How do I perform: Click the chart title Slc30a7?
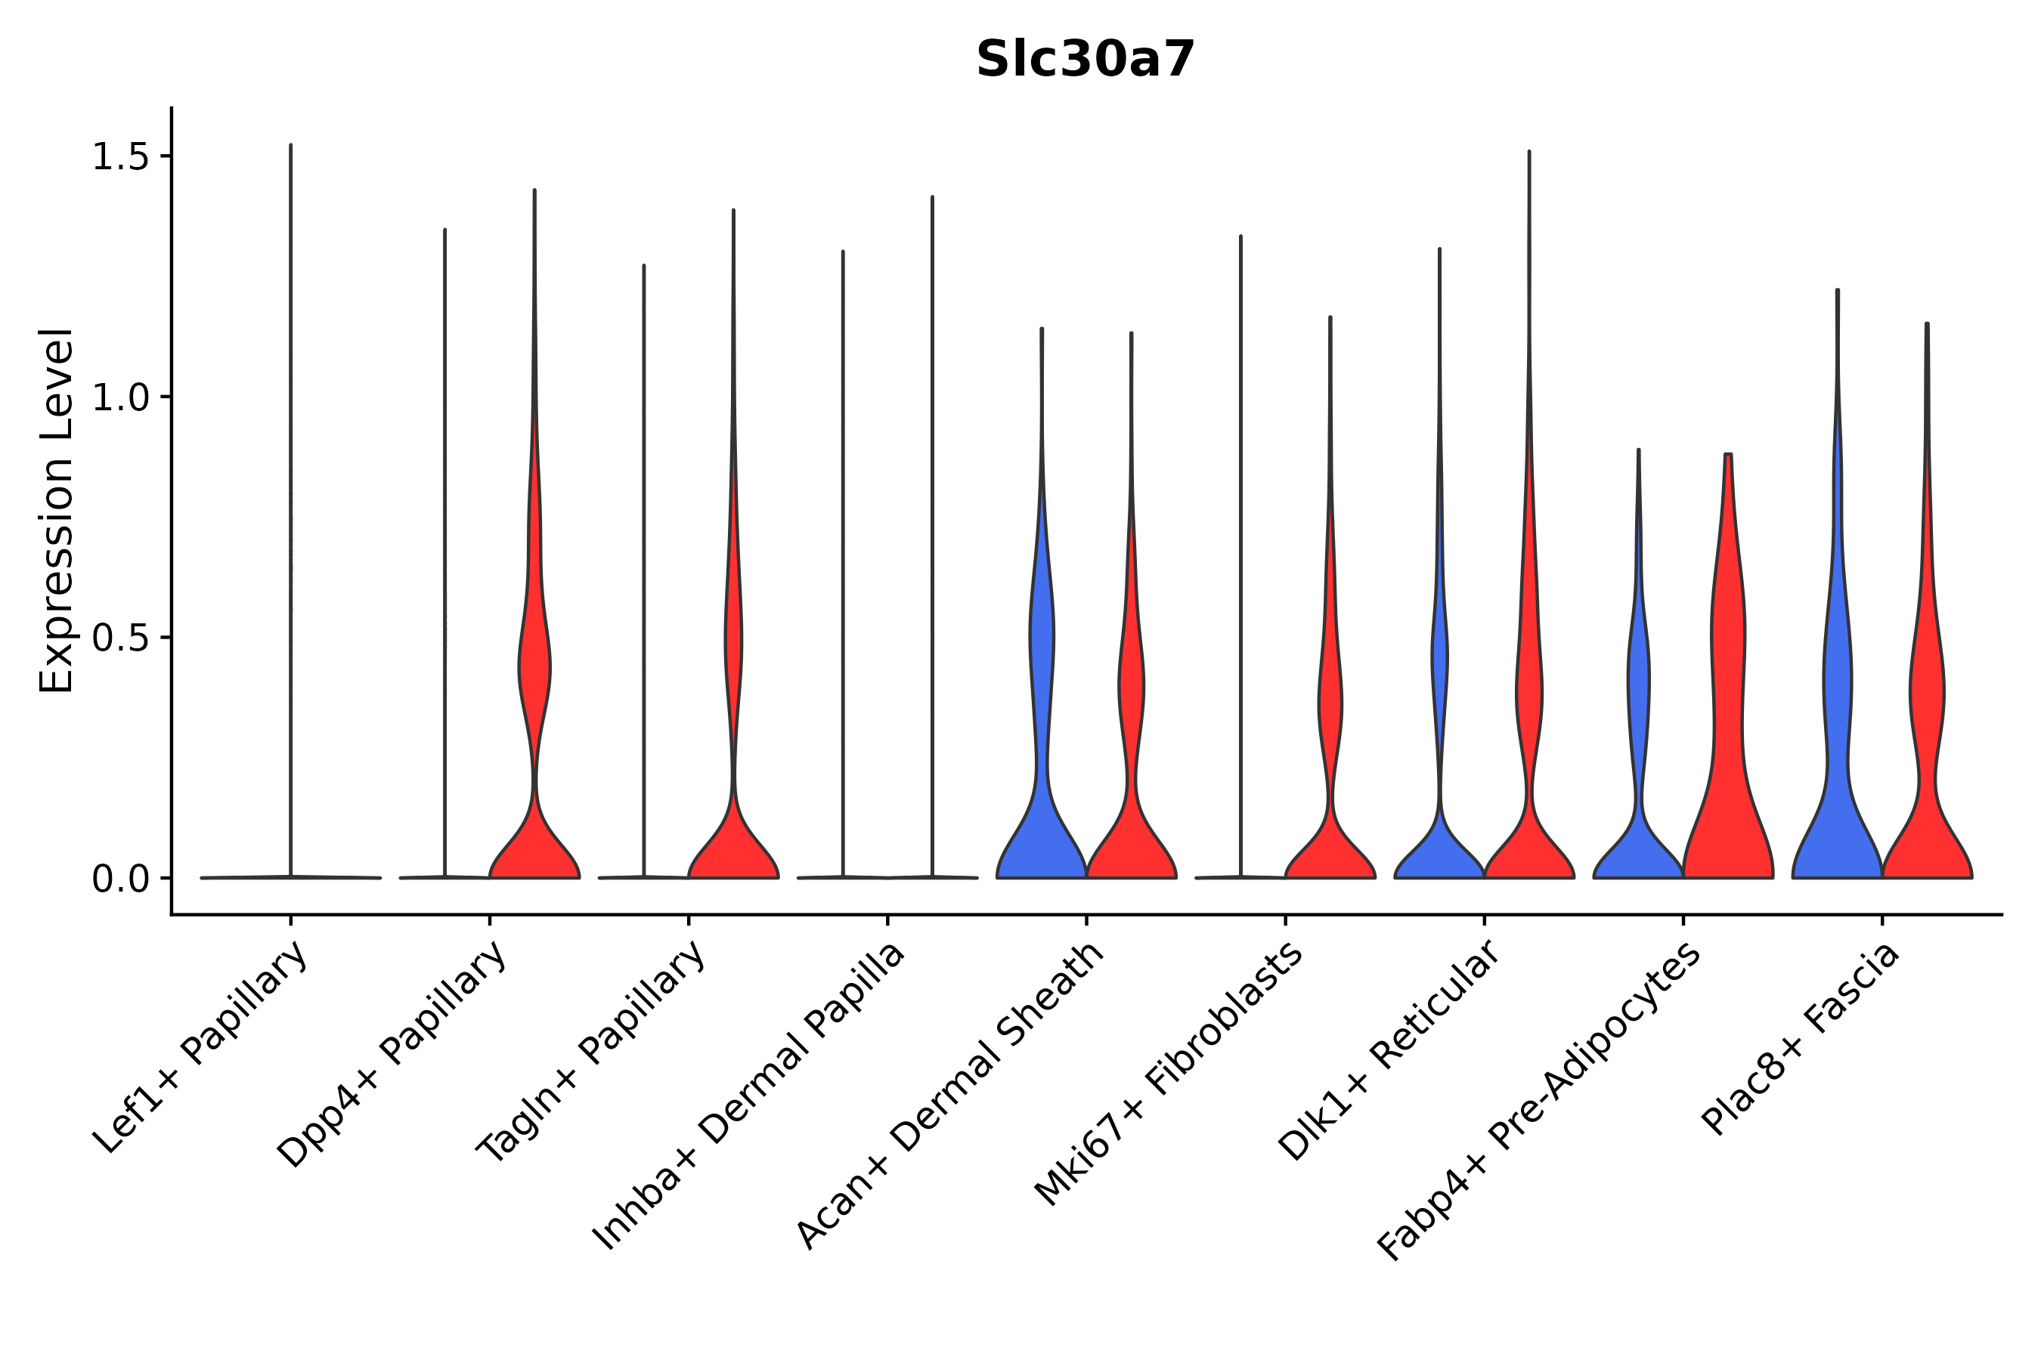[x=1085, y=60]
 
